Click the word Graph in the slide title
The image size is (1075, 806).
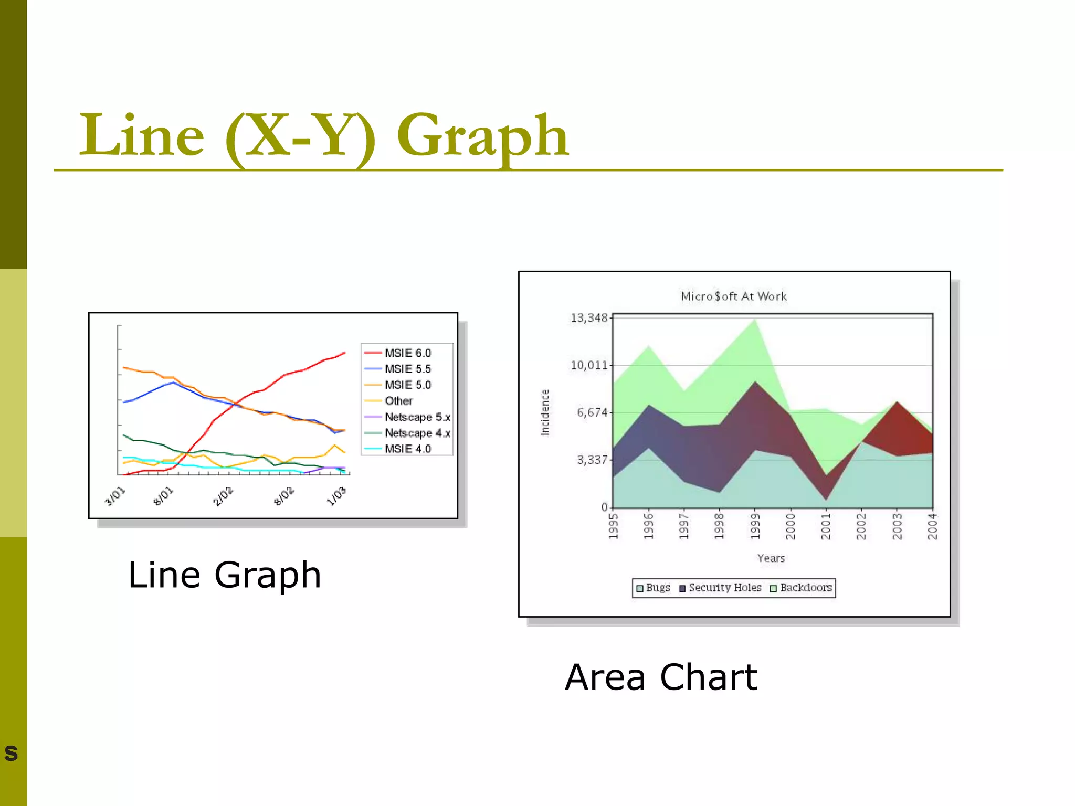(483, 136)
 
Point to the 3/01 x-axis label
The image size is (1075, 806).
(115, 496)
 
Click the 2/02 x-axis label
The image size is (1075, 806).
(223, 496)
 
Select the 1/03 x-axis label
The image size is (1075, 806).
(336, 496)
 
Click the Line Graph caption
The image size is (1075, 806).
(225, 575)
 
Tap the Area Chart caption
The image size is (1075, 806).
(661, 677)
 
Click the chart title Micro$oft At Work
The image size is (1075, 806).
(734, 296)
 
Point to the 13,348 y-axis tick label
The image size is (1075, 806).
(589, 318)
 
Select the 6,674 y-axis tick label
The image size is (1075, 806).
(592, 412)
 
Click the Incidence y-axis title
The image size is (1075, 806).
(545, 412)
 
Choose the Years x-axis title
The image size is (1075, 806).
(771, 558)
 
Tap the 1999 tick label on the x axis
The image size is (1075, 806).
(755, 526)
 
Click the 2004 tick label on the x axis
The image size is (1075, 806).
(932, 526)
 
